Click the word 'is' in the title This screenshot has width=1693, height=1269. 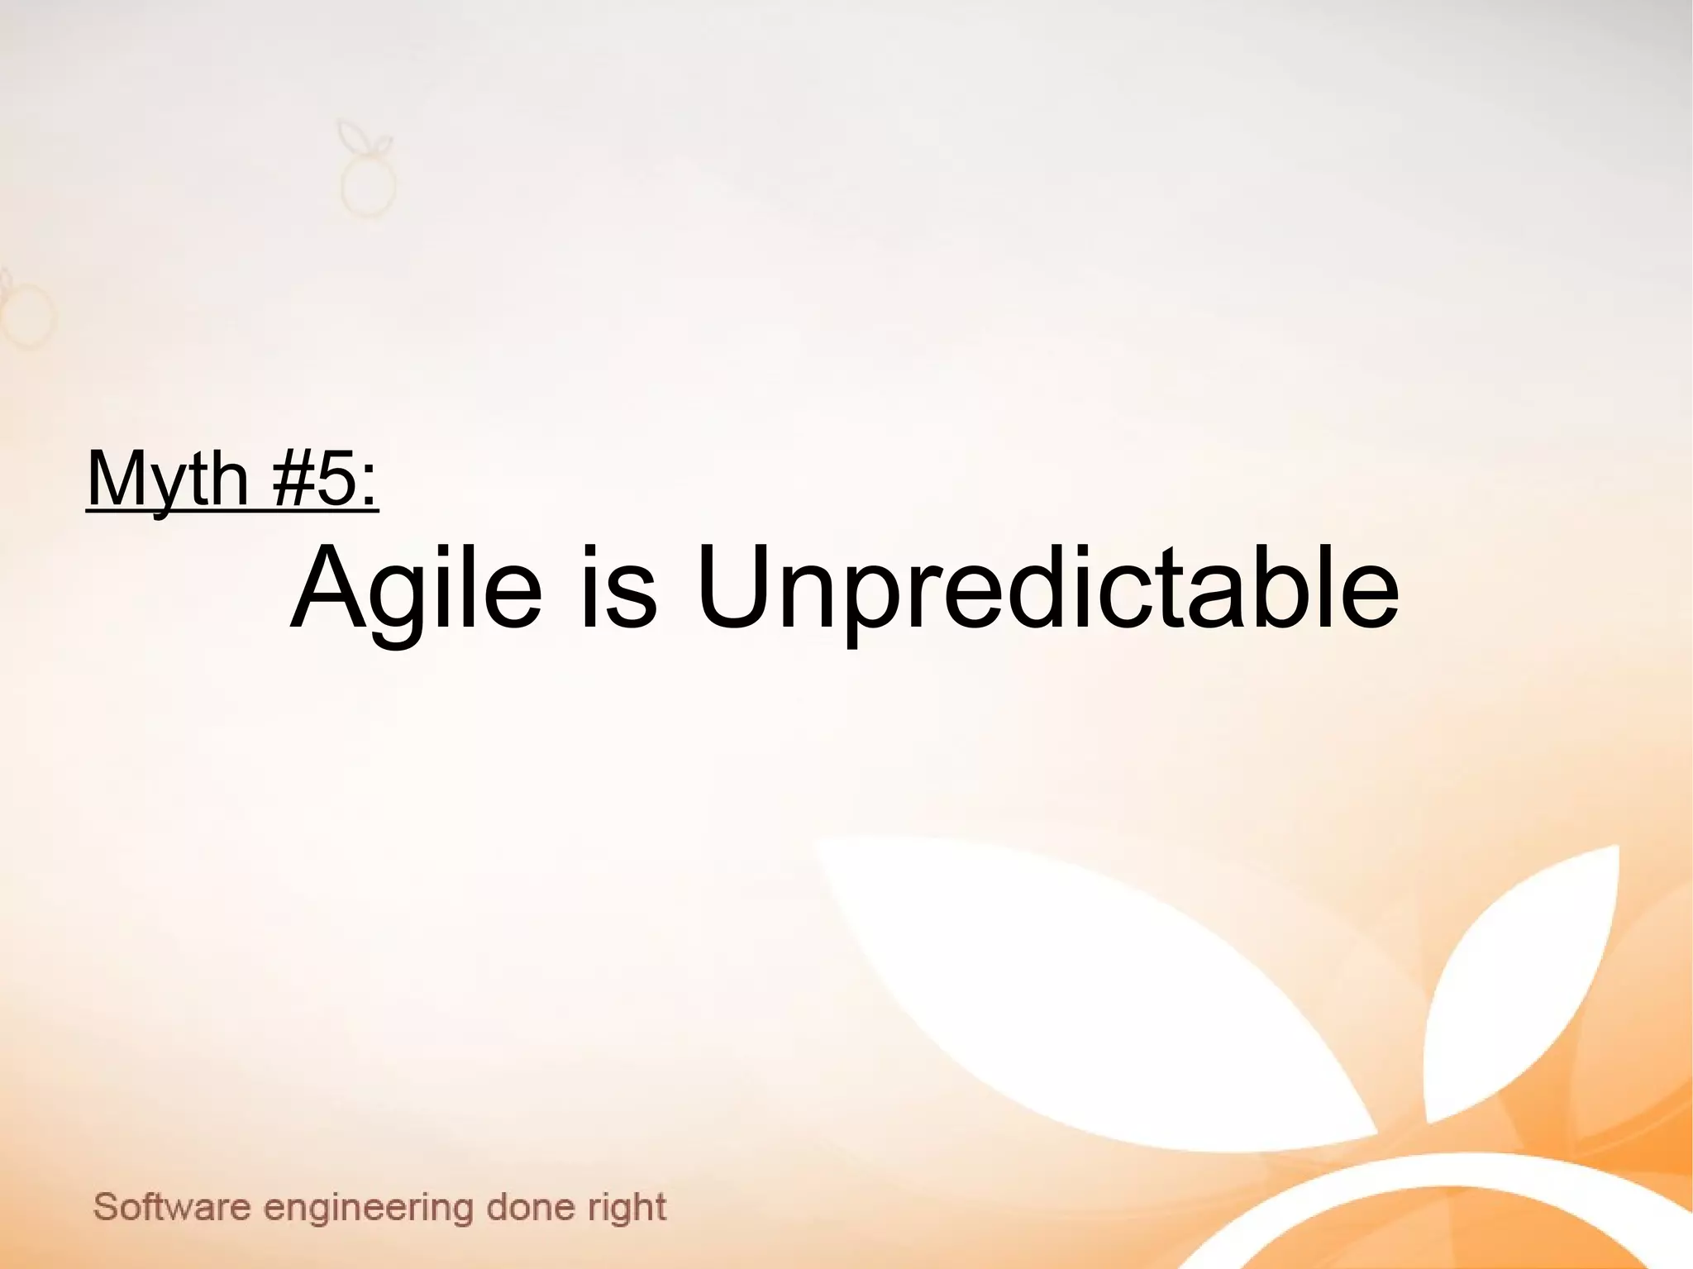pos(618,589)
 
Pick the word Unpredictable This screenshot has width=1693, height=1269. pos(1047,589)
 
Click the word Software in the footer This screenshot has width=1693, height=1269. pos(171,1207)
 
